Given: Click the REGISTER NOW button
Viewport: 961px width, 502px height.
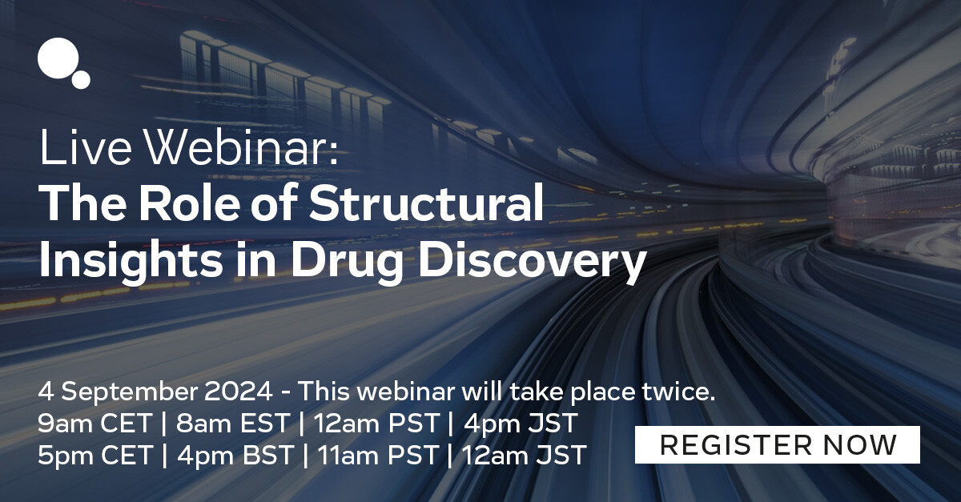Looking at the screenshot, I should [778, 444].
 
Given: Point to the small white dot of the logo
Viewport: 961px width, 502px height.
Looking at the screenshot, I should [81, 79].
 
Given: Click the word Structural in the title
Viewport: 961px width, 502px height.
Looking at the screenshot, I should [426, 205].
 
